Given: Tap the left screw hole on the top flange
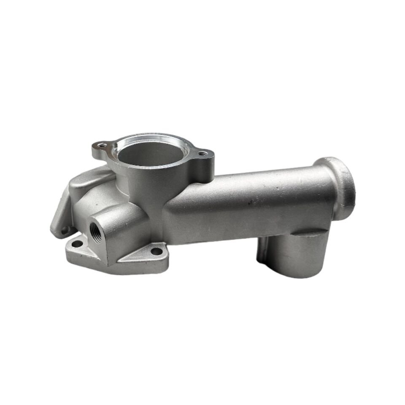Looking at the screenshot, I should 100,146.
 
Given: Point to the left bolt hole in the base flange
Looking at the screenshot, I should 77,244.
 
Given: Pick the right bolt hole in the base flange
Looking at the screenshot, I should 156,251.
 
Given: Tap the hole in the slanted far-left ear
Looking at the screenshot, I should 65,230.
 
